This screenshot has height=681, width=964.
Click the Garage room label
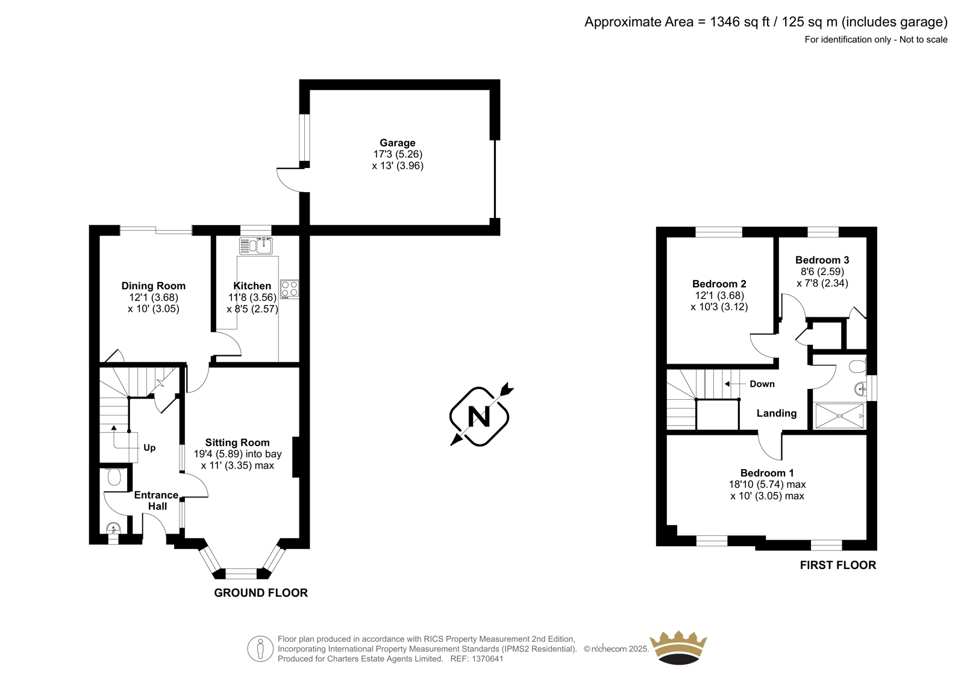point(397,143)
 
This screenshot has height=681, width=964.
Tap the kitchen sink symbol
point(256,246)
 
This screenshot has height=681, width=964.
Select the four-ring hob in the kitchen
point(290,289)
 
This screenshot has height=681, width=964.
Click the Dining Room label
point(153,285)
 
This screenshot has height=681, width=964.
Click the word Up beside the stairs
point(149,448)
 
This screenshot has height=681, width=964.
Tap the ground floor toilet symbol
point(114,477)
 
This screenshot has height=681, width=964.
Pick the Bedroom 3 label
point(822,260)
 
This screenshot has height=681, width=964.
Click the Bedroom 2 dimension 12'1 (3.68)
point(719,296)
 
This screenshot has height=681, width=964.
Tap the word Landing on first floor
point(777,414)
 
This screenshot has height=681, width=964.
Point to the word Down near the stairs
point(762,384)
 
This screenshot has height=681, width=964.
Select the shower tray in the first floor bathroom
point(840,416)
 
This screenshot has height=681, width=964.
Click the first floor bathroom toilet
point(858,367)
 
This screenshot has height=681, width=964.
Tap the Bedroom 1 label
point(767,473)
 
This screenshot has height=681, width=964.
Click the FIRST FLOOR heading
point(838,565)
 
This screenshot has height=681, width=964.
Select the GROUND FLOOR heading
point(261,593)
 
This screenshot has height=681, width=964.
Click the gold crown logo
point(678,647)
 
